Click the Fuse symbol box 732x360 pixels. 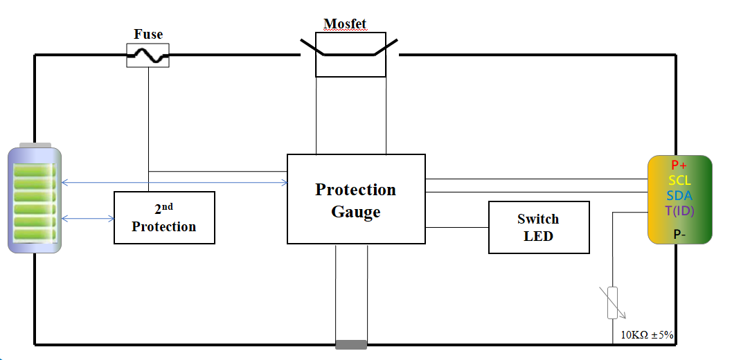coord(148,55)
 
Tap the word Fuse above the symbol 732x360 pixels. coord(148,34)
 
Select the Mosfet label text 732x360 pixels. coord(345,24)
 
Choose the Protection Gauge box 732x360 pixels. coord(356,199)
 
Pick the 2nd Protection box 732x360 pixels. coord(164,217)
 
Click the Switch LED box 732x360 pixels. coord(539,227)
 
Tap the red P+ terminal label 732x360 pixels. coord(679,165)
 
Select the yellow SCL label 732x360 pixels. coord(679,181)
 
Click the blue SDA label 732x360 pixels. coord(679,196)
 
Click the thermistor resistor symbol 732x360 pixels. coord(612,303)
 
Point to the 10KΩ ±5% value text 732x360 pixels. coord(647,335)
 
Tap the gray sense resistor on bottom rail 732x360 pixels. coord(351,344)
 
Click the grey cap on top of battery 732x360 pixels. coord(35,145)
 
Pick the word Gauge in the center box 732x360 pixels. coord(356,212)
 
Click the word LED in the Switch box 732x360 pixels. coord(539,235)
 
